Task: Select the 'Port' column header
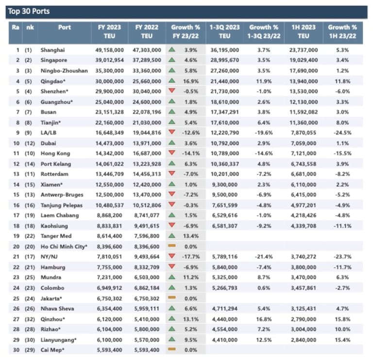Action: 64,27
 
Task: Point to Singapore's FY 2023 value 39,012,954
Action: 107,60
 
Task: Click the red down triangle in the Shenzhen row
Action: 172,91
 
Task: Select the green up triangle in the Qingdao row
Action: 172,81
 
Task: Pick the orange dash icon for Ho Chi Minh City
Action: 172,246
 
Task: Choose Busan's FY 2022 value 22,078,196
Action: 146,112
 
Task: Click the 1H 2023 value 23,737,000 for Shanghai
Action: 304,50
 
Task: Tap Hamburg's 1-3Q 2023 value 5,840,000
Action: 224,267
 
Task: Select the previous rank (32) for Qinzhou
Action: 29,319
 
